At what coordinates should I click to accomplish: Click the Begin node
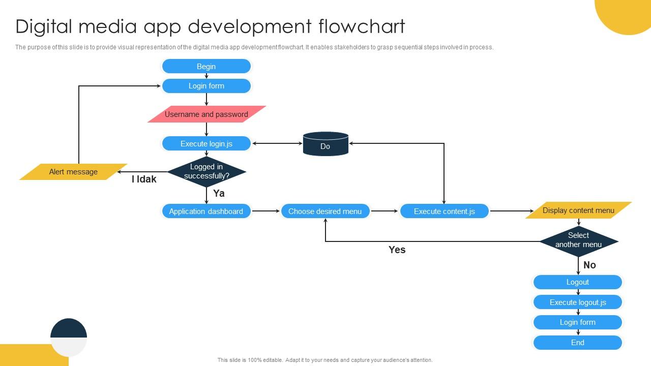[x=206, y=67]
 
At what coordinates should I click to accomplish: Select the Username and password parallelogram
[x=206, y=114]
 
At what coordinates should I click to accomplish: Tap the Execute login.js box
[x=206, y=144]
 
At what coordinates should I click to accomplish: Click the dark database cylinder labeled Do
[x=325, y=144]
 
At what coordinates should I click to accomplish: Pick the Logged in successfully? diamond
[x=206, y=172]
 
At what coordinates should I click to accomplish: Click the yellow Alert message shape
[x=73, y=172]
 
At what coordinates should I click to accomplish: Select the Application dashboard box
[x=206, y=211]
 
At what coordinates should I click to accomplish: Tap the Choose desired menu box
[x=325, y=211]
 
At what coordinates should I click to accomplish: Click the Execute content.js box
[x=444, y=211]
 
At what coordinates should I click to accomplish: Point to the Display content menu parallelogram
[x=578, y=210]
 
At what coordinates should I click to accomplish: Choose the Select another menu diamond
[x=578, y=240]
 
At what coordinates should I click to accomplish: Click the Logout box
[x=578, y=282]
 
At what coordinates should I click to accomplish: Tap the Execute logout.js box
[x=578, y=302]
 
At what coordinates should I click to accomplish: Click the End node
[x=578, y=343]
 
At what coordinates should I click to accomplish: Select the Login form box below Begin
[x=206, y=86]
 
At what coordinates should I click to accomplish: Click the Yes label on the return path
[x=397, y=250]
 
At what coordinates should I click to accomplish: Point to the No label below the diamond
[x=589, y=265]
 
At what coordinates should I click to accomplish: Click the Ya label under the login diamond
[x=219, y=193]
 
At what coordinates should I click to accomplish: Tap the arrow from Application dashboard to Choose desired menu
[x=266, y=211]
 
